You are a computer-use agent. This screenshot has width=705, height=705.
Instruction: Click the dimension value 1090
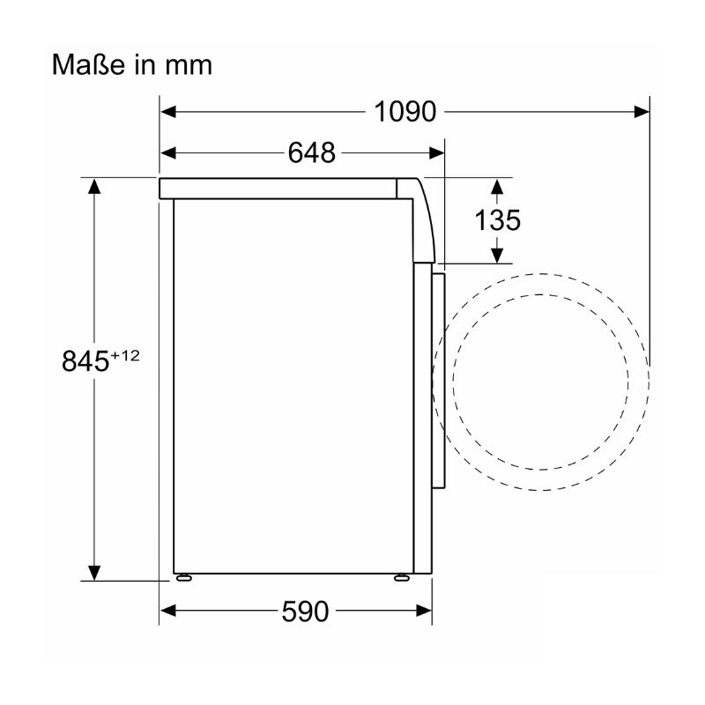click(404, 112)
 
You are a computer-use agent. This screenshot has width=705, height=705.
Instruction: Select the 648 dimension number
click(312, 152)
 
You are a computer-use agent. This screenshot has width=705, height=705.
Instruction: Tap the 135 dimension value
click(497, 220)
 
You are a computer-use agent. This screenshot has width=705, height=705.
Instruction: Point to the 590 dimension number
click(305, 611)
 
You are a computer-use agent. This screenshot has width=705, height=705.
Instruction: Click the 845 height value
click(85, 360)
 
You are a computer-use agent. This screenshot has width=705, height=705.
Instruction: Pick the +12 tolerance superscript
click(125, 356)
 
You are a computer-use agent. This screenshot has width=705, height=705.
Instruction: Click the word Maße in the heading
click(88, 64)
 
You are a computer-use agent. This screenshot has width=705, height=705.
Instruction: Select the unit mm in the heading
click(189, 66)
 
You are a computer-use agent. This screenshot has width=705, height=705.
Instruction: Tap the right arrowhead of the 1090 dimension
click(642, 112)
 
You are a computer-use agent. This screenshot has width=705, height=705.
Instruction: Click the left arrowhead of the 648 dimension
click(168, 152)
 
